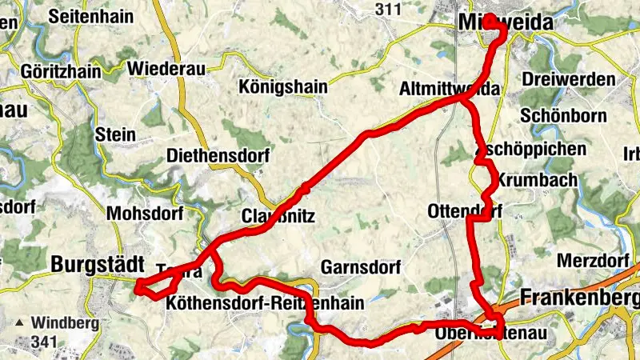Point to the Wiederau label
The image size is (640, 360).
(165, 67)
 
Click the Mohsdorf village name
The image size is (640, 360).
(145, 214)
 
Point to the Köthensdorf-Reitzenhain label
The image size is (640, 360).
(265, 303)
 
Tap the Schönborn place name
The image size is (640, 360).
(560, 114)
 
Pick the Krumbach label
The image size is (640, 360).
(537, 180)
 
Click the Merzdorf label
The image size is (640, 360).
(593, 261)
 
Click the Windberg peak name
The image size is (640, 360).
(66, 324)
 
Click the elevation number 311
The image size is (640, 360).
(387, 10)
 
